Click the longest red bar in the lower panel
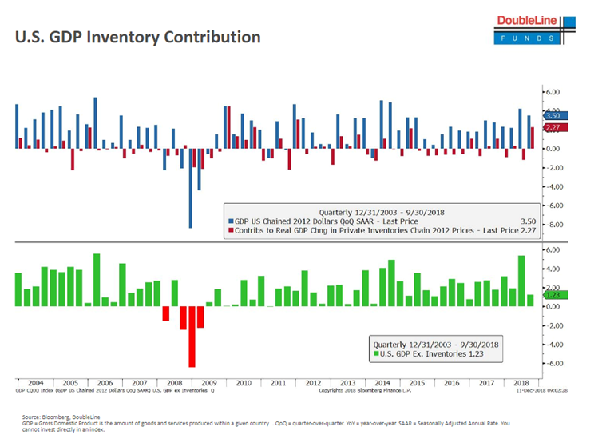pyautogui.click(x=192, y=336)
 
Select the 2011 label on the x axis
pyautogui.click(x=277, y=383)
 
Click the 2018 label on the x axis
pyautogui.click(x=521, y=383)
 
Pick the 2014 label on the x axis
pyautogui.click(x=382, y=383)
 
